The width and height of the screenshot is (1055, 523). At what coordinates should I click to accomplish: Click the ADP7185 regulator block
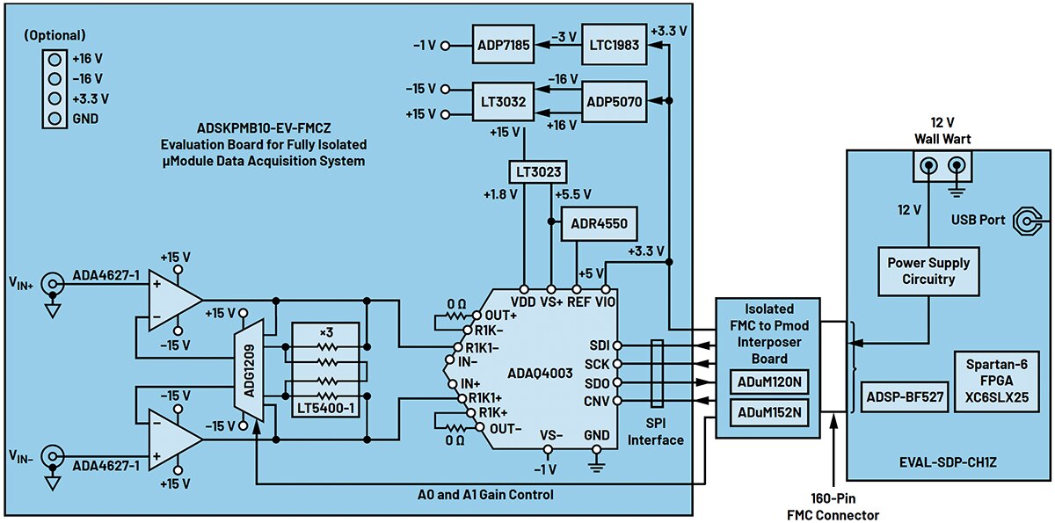tap(503, 47)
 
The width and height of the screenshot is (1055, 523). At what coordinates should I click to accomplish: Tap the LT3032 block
tap(503, 101)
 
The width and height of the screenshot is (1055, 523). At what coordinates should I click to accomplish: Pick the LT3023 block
tap(533, 171)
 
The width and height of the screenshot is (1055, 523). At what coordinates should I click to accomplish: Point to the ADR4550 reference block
tap(599, 223)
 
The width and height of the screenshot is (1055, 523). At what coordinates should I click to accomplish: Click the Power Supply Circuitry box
tap(928, 272)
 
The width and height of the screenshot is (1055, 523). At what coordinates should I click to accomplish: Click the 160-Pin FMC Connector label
tap(833, 507)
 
